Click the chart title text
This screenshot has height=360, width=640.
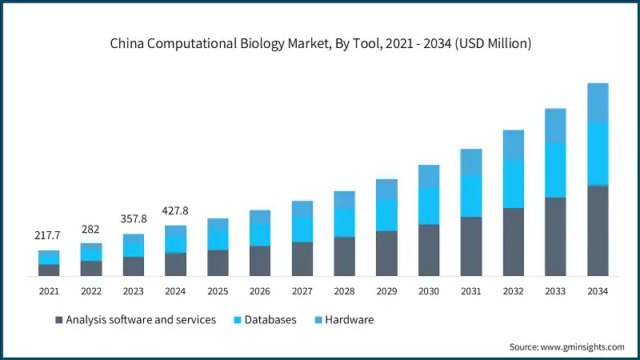tap(320, 44)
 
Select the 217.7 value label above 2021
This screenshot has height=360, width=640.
tap(49, 236)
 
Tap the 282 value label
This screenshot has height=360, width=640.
tap(91, 229)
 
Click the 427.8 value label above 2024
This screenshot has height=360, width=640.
tap(176, 210)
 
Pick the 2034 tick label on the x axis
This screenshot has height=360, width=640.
tap(598, 291)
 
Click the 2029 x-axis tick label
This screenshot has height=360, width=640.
tap(386, 291)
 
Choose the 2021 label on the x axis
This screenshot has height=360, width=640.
tap(49, 291)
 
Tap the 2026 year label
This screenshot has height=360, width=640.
tap(260, 291)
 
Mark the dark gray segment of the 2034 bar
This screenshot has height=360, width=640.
tap(598, 231)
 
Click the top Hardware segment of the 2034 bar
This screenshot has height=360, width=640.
tap(598, 102)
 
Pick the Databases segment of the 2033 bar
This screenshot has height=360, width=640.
tap(555, 170)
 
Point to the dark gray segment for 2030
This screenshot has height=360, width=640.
tap(429, 250)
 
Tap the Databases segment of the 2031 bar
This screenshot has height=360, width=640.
tap(471, 196)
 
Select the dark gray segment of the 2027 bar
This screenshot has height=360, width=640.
tap(302, 259)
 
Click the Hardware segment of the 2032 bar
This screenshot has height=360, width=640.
tap(513, 145)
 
